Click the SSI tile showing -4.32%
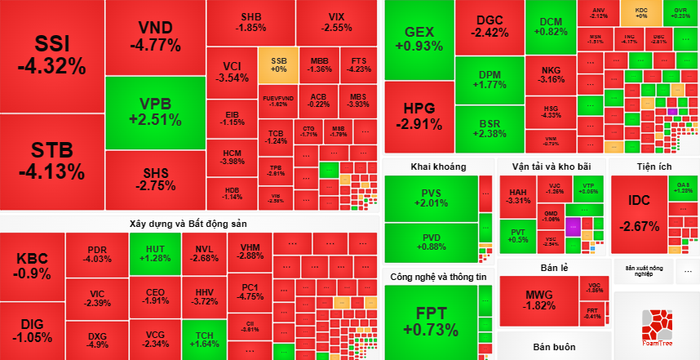point(52,56)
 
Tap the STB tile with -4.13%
point(52,161)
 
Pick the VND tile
point(155,36)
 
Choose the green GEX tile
point(419,39)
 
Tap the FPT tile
point(436,322)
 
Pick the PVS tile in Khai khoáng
point(432,198)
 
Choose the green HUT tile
point(154,253)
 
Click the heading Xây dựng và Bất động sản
point(188,223)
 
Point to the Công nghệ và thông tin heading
point(438,276)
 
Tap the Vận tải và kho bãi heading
point(551,166)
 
